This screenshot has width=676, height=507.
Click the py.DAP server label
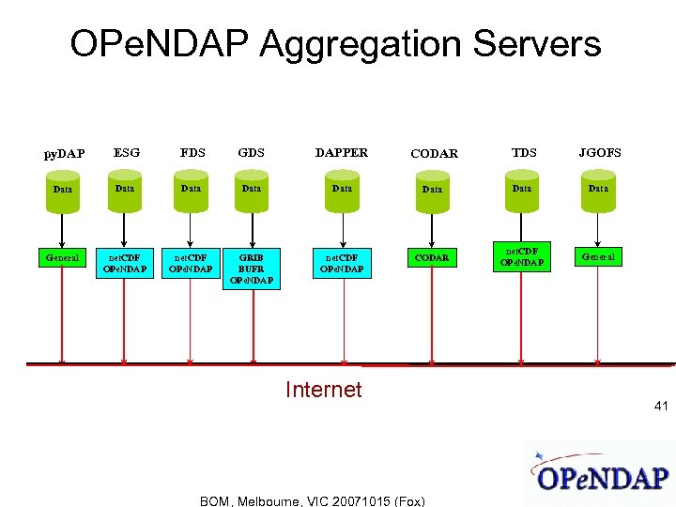point(65,153)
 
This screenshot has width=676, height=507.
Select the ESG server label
point(127,152)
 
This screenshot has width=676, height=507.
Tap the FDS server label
point(192,152)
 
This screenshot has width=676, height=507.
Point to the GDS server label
point(251,152)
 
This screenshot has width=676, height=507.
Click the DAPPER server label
point(342,152)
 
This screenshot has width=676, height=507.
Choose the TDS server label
point(524,152)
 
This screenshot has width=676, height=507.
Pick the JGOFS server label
point(600,152)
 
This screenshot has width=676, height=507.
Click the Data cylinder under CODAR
point(432,189)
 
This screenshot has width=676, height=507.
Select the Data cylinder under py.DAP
point(62,189)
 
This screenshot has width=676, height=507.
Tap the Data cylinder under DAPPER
point(342,189)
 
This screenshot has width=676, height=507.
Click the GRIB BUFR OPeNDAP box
point(251,268)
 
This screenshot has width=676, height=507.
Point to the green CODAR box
point(433,256)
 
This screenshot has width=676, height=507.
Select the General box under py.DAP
point(62,255)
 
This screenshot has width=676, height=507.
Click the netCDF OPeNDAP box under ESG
point(126,262)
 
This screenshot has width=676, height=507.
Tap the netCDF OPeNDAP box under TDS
point(522,256)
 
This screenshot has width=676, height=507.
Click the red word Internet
point(323,390)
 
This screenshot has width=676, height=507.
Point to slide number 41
point(661,407)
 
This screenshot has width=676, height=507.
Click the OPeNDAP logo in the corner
point(602,474)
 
